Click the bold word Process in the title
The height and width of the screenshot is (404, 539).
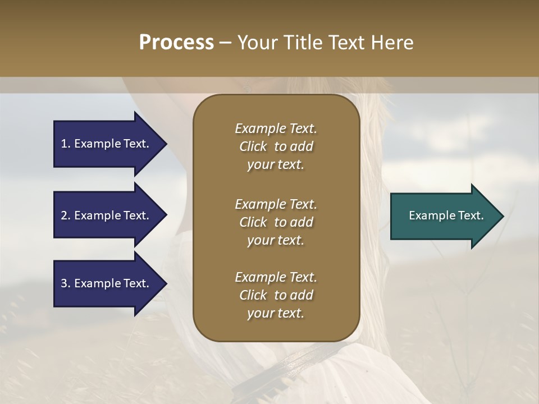coord(176,43)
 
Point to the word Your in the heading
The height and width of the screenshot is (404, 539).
coord(256,43)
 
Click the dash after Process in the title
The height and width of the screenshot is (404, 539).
coord(225,43)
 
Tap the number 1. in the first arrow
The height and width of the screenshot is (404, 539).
coord(66,144)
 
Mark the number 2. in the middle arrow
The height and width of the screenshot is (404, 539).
coord(66,215)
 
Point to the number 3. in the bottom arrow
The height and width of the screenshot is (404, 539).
coord(66,283)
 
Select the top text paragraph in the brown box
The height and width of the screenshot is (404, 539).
coord(276,146)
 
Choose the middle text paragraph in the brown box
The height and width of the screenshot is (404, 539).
coord(276,222)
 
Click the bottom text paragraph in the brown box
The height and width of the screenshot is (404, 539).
coord(276,295)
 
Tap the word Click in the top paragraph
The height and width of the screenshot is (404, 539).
coord(253,146)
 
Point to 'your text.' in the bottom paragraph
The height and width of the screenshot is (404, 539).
coord(276,314)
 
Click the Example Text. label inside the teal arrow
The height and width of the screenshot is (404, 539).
coord(446,215)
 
